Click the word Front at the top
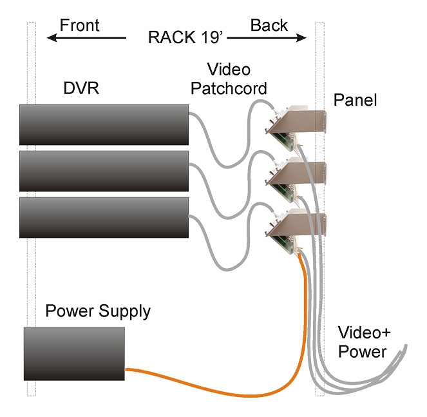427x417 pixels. (x=80, y=25)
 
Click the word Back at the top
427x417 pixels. (x=269, y=25)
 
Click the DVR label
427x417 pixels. (x=81, y=88)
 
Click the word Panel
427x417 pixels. (x=356, y=101)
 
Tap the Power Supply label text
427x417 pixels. (x=98, y=313)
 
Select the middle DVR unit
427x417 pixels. (x=104, y=171)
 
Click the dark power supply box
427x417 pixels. (x=74, y=353)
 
